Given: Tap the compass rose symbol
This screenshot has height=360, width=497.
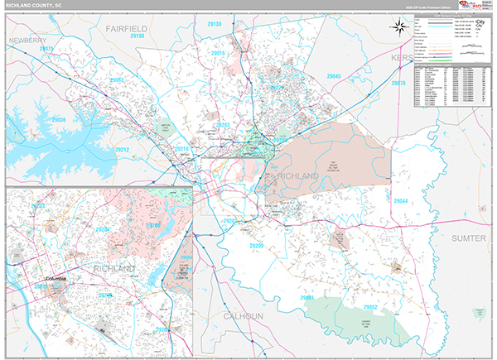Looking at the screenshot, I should [398, 27].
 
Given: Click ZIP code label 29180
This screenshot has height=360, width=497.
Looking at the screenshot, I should [137, 36].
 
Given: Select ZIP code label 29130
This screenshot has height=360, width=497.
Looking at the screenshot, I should [215, 25].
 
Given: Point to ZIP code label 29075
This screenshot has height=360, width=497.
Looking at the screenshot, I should [46, 50].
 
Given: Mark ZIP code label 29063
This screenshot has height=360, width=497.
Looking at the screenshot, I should [117, 80].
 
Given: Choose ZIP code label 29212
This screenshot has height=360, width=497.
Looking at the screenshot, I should [122, 150].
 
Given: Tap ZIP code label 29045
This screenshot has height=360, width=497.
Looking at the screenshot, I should [334, 76].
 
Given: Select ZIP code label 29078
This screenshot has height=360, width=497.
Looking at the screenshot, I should [398, 84].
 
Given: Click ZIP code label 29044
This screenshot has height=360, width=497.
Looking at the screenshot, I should [400, 201].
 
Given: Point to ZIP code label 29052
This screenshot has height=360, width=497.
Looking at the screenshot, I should [370, 307].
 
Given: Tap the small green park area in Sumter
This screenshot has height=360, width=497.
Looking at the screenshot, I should [477, 313].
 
